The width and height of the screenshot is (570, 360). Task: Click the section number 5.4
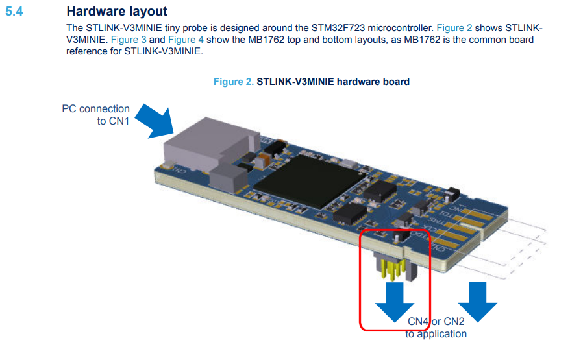pos(14,11)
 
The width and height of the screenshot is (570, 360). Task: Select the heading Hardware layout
pos(117,11)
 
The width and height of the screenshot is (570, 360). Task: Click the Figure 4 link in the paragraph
pos(186,40)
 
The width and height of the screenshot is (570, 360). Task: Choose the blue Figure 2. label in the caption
pos(234,82)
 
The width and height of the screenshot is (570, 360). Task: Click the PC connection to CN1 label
pos(95,114)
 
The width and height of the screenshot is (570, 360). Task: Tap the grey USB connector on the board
pos(195,146)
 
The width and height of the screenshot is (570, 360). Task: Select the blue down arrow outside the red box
pos(478,300)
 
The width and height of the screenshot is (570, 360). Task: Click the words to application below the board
pos(436,334)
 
